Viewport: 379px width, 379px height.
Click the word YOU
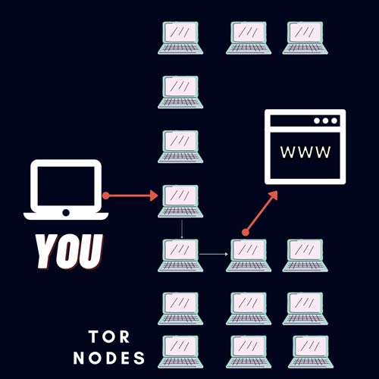tap(69, 252)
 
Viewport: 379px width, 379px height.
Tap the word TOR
tap(109, 337)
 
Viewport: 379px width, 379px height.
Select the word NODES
tap(109, 358)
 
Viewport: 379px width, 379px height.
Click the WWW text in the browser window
tap(305, 152)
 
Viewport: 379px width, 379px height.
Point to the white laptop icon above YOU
tap(66, 189)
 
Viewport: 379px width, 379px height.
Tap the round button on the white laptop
tap(66, 213)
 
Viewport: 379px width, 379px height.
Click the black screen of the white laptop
tap(66, 186)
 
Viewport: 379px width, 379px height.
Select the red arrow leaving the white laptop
tap(130, 196)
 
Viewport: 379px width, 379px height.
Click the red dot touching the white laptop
tap(106, 196)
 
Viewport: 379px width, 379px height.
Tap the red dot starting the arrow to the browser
tap(246, 232)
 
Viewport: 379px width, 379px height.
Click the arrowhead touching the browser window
tap(274, 196)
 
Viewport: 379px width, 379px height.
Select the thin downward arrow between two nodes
tap(182, 229)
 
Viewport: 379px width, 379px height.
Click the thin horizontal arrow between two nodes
tap(214, 254)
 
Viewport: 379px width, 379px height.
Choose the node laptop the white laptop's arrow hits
tap(180, 201)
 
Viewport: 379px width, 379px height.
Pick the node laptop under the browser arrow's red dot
tap(249, 255)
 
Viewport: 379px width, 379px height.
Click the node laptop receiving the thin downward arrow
tap(180, 255)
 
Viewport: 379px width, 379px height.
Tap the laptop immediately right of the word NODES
tap(180, 352)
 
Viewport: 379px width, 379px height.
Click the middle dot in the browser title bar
tap(325, 121)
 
